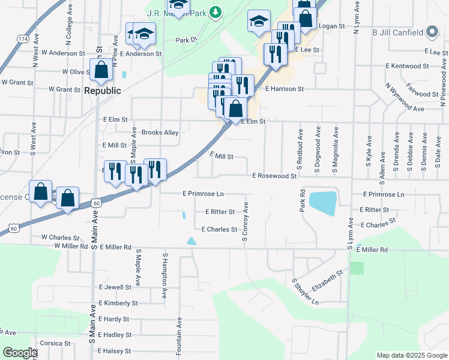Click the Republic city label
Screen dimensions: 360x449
102,91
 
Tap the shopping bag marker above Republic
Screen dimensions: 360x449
101,71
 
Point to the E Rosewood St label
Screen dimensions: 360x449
275,176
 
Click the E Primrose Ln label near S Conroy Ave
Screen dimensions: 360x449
203,194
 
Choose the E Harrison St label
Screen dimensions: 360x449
285,89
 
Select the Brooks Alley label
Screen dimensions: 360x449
160,133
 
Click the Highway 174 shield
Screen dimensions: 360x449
23,39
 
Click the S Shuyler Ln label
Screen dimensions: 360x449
305,292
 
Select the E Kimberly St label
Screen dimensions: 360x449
118,303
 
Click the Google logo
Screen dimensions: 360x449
20,353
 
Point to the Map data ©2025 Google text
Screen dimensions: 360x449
411,355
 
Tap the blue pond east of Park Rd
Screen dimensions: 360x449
322,203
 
